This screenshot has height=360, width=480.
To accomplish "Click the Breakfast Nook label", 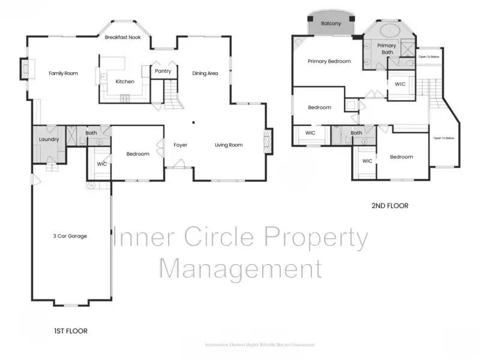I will [123, 37].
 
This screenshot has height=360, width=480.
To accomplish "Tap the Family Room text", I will [63, 73].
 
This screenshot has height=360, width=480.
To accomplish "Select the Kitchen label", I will [125, 82].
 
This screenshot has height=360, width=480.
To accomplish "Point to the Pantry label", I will [163, 71].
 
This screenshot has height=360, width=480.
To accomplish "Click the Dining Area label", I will [205, 73].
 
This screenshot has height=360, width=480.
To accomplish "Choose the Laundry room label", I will [49, 139].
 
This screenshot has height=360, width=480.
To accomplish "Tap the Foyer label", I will [181, 145].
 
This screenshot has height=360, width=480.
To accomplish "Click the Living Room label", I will [229, 145].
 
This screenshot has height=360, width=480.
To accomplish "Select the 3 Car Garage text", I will [70, 236].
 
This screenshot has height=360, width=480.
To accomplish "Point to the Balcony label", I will [331, 24].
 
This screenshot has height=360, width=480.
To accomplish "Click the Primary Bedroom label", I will [329, 61].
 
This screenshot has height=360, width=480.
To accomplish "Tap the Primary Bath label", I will [386, 49].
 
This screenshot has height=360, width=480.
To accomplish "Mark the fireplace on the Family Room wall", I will [24, 68].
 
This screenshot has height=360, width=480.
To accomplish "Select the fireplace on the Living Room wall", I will [268, 142].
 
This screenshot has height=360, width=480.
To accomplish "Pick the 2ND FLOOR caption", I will [390, 206].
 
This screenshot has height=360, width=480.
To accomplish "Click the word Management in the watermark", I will [240, 268].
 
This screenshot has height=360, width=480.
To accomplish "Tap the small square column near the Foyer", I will [193, 122].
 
